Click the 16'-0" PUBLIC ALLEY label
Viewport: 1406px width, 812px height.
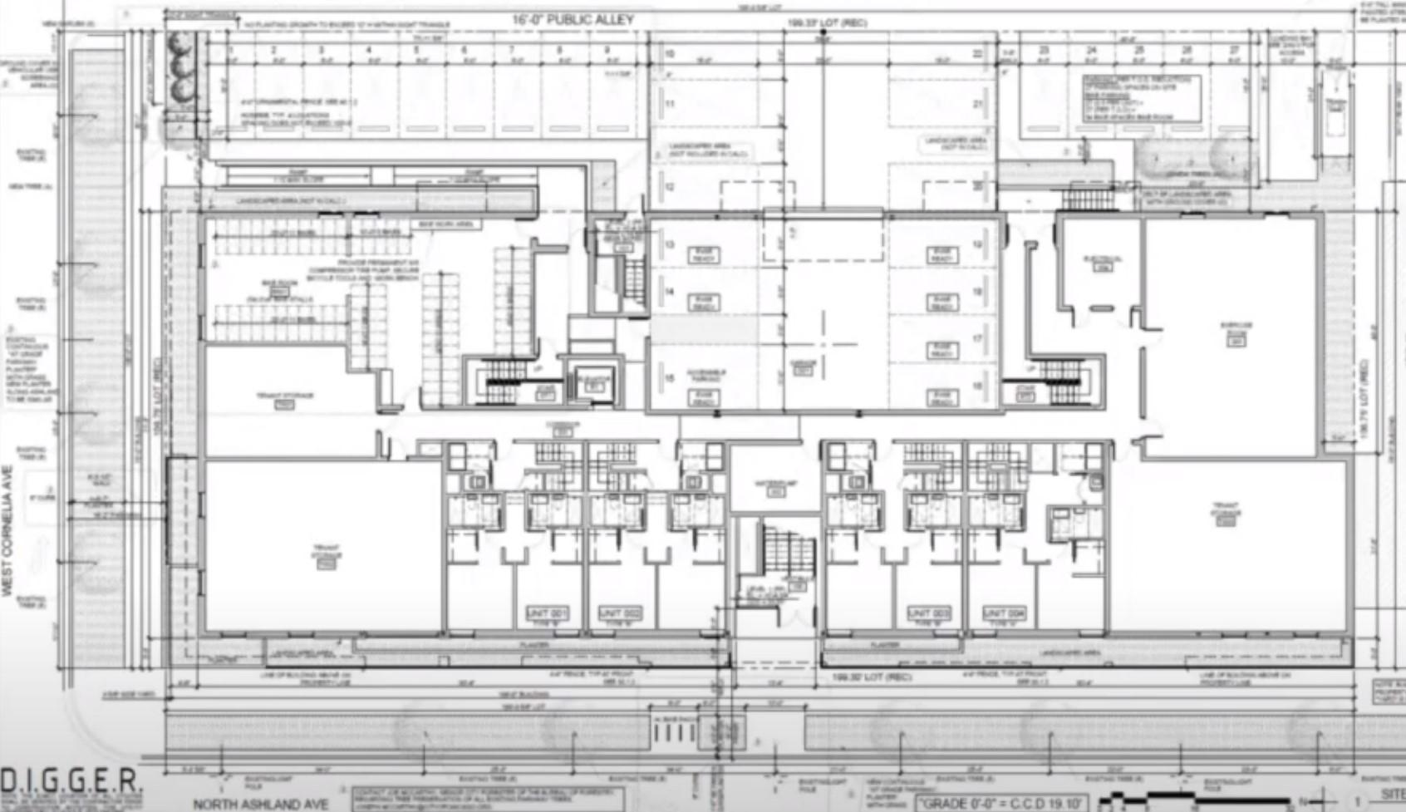coord(573,19)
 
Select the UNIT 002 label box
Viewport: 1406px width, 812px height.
coord(620,614)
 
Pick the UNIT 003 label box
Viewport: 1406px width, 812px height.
coord(929,614)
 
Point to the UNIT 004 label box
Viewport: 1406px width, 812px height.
coord(1003,614)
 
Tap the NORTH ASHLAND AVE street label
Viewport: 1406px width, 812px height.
coord(261,804)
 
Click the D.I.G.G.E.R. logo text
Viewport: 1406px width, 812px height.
coord(71,782)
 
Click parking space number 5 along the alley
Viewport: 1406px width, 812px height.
coord(417,51)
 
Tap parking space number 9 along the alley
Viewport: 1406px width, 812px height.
coord(607,51)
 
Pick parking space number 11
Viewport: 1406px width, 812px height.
coord(670,105)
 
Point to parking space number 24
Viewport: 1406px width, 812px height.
coord(1091,51)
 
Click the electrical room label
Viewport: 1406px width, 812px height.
coord(1102,263)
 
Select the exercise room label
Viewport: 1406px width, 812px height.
coord(1236,332)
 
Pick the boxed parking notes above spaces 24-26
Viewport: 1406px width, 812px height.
coord(1141,97)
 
